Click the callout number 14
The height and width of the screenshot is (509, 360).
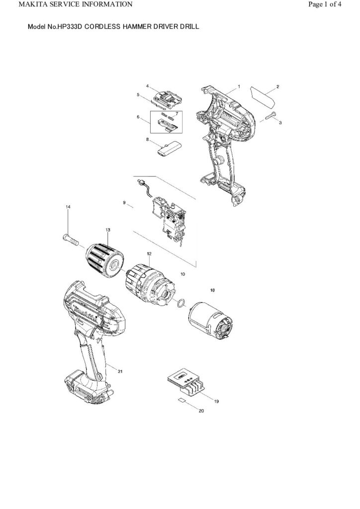pos(68,206)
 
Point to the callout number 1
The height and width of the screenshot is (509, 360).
pos(239,86)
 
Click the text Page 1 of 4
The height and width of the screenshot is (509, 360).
pos(324,5)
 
